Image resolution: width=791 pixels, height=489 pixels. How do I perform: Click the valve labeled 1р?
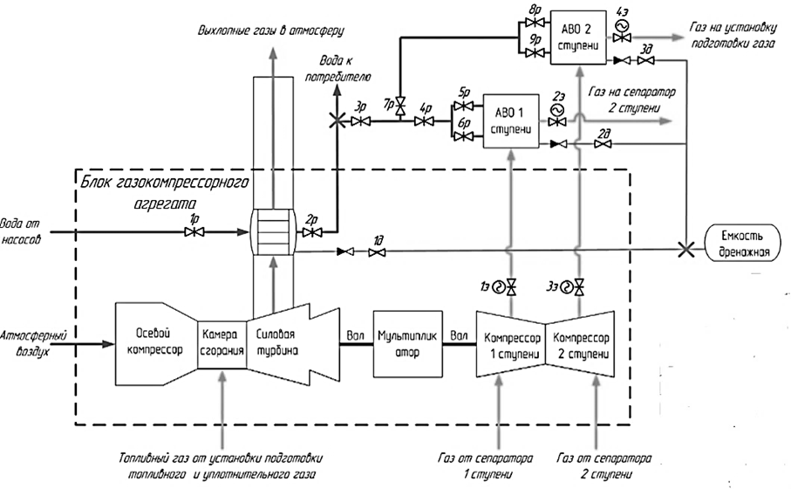click(196, 232)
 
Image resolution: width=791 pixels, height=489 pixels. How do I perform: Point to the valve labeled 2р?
click(310, 233)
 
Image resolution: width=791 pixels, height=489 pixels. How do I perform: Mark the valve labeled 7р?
click(400, 107)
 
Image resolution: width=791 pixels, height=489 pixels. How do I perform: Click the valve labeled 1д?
click(377, 252)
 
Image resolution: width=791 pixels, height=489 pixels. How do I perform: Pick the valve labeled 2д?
click(603, 144)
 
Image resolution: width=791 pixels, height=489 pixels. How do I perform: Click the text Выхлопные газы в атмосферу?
click(270, 31)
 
